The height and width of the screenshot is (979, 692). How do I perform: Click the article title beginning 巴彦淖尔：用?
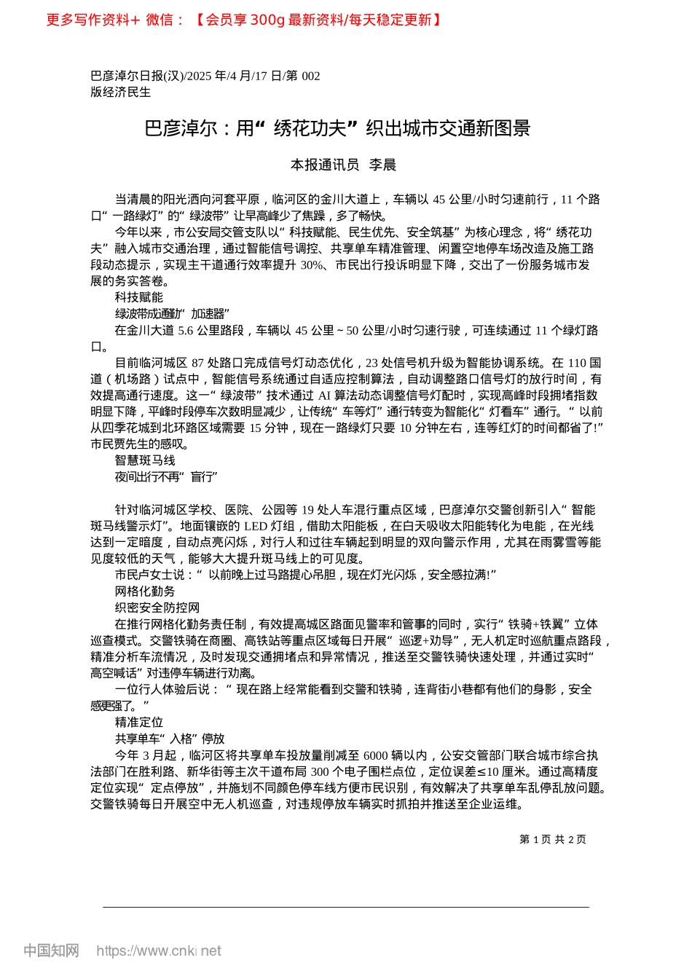337,129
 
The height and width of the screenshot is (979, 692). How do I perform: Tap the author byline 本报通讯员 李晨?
343,165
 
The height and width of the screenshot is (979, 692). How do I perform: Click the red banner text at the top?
244,20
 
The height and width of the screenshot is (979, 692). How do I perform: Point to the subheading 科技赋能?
139,297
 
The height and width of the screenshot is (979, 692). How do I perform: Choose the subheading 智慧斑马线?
145,460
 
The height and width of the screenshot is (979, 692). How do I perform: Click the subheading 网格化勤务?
145,591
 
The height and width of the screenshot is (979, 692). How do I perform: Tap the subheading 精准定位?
139,722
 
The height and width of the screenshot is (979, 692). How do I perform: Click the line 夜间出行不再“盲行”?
167,476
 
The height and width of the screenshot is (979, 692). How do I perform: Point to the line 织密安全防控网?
157,608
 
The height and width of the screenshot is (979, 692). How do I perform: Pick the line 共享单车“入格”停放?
170,738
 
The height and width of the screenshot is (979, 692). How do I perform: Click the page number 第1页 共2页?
552,839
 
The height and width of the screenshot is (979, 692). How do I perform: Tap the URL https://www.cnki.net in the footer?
159,951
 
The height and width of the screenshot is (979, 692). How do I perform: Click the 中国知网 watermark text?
51,951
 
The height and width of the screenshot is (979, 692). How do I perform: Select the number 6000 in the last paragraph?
375,755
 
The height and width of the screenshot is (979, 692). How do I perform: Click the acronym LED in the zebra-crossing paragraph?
255,526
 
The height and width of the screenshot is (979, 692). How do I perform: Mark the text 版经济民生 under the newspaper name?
121,93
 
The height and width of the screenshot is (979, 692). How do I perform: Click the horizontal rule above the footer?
346,907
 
